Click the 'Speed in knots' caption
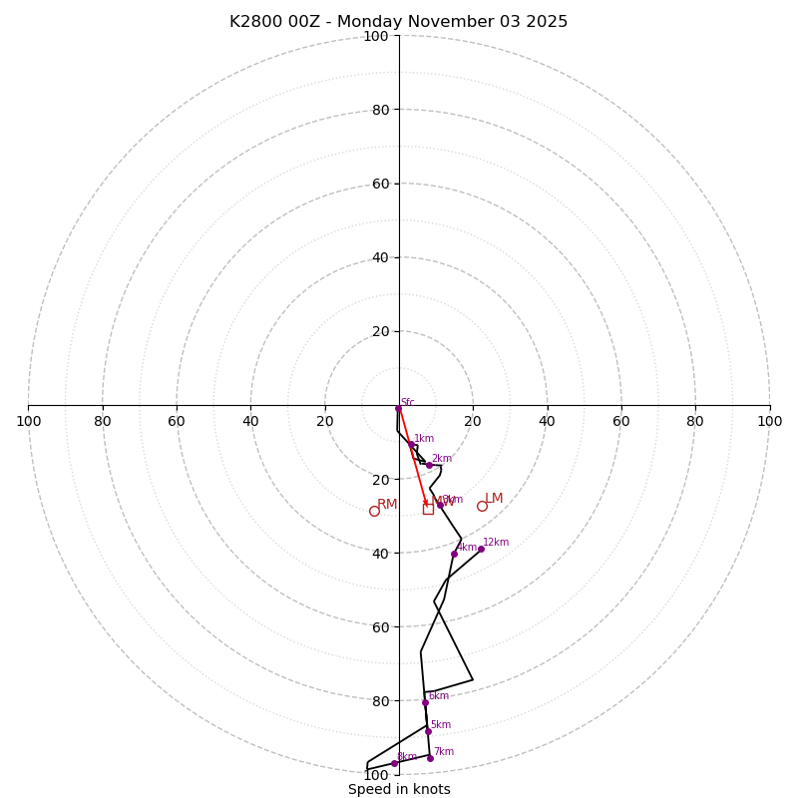399,789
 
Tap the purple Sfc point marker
398,408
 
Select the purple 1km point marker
410,444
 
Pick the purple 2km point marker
429,465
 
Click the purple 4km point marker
454,554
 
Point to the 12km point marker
481,549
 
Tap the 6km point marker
425,702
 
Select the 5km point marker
428,731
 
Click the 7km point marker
430,758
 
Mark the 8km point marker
394,764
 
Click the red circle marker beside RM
374,511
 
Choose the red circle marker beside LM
482,506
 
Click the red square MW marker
428,509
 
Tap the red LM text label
494,498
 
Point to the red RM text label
387,504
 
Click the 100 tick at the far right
770,421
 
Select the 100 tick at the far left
28,421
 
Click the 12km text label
496,543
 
